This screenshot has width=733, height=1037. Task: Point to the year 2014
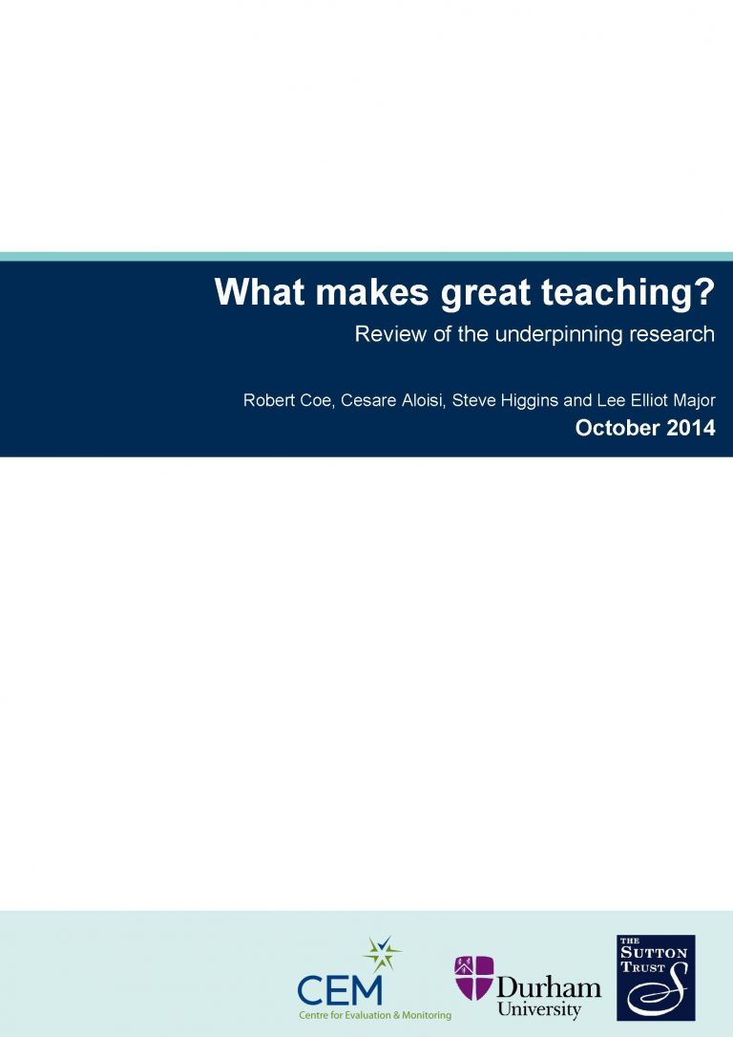691,428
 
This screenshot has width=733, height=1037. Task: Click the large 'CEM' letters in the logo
340,988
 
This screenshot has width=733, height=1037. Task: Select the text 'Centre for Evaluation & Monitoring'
374,1015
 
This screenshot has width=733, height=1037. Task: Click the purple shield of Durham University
473,978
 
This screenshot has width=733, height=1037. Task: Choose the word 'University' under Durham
539,1010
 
